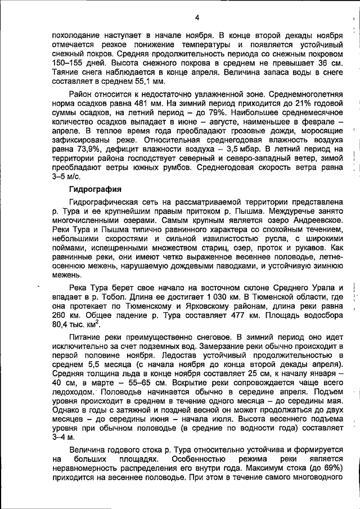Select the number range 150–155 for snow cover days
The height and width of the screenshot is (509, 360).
pos(67,63)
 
